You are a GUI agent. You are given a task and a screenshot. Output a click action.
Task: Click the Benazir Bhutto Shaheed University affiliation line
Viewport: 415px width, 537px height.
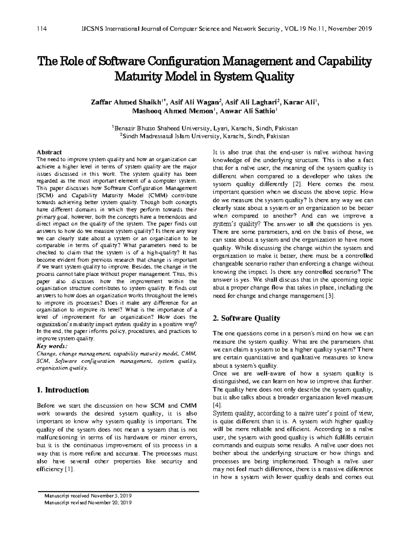[204, 128]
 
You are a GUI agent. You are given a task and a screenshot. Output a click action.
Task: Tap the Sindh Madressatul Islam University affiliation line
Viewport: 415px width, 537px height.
[204, 137]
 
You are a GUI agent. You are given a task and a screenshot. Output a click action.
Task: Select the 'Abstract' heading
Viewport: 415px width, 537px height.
[49, 152]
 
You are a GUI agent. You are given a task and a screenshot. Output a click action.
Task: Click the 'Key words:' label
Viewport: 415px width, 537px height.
[52, 346]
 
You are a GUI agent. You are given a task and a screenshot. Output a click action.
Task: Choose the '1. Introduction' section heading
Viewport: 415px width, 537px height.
[63, 390]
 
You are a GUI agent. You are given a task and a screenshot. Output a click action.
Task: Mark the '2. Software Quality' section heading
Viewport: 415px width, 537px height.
[247, 318]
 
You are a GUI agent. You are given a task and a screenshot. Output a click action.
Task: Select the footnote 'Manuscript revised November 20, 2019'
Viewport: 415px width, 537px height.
[88, 503]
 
